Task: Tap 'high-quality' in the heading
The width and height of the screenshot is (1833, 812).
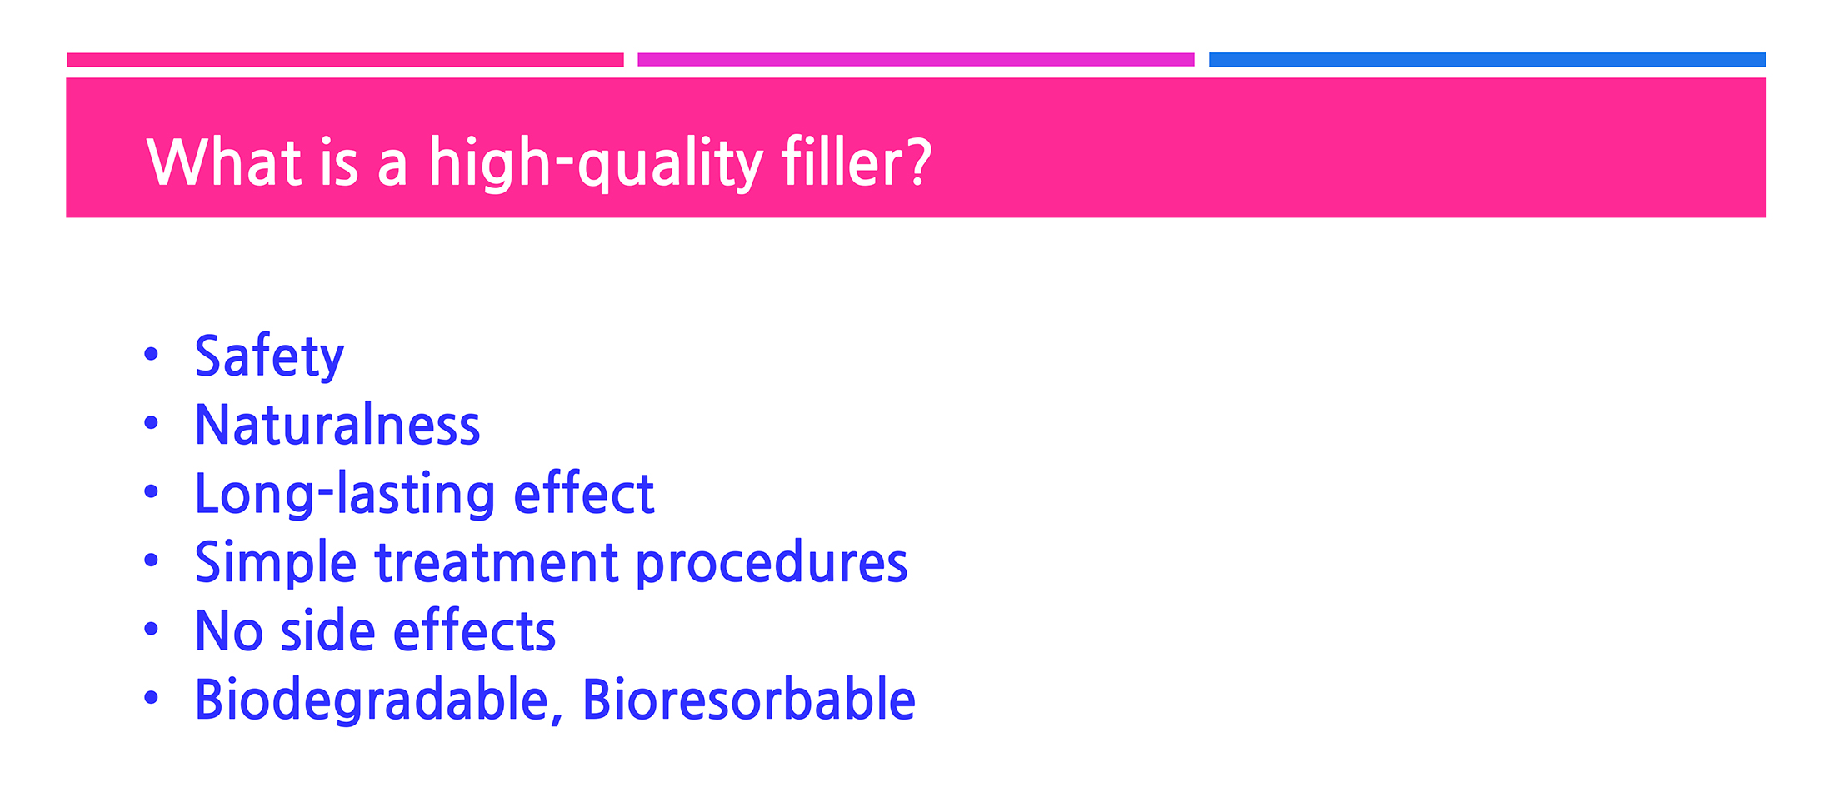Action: (x=596, y=163)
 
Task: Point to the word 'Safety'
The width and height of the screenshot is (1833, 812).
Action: (x=269, y=356)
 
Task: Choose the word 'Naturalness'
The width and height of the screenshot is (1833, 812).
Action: (x=337, y=424)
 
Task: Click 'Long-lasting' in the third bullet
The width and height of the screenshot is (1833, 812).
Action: (x=345, y=494)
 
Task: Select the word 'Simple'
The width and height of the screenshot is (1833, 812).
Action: (x=276, y=562)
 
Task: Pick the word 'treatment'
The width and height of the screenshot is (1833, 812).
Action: (x=497, y=562)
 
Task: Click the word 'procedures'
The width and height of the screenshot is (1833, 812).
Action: (x=772, y=562)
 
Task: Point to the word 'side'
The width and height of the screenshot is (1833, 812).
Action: (x=327, y=630)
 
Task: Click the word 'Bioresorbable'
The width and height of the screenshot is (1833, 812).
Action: (x=748, y=699)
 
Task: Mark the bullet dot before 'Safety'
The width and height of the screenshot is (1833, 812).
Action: (x=151, y=354)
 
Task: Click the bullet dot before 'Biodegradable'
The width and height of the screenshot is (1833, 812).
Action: (x=151, y=697)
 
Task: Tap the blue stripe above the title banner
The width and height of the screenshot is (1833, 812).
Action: (x=1487, y=60)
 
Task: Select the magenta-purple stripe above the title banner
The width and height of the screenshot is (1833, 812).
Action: (x=916, y=60)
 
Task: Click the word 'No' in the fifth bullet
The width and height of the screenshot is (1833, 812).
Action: (x=229, y=630)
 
